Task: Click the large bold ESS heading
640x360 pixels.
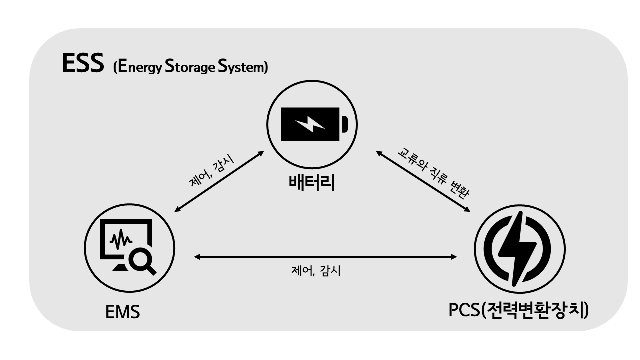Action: pos(83,63)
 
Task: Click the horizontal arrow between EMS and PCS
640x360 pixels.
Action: pos(325,257)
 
